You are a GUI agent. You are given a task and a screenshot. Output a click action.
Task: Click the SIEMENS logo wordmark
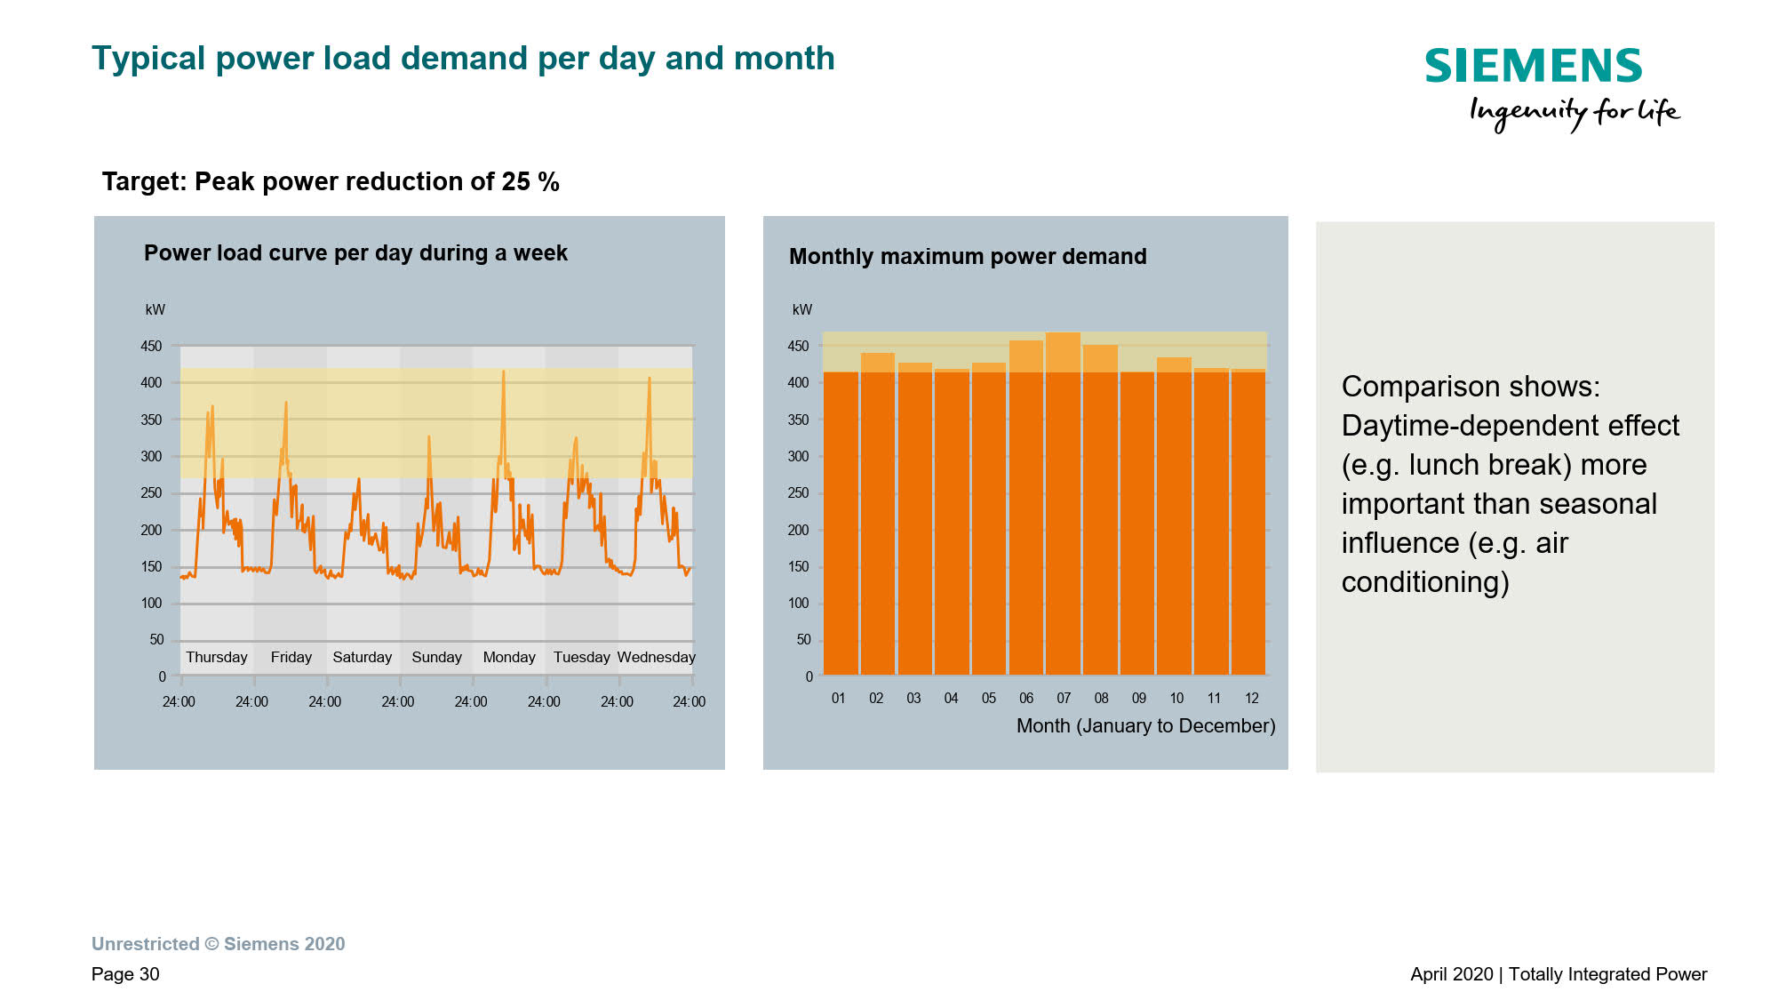point(1533,66)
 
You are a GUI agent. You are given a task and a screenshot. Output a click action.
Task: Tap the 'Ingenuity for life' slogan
point(1574,113)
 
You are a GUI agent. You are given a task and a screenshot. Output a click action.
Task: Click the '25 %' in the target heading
point(530,181)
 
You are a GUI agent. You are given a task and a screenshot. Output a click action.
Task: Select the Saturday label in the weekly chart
point(362,657)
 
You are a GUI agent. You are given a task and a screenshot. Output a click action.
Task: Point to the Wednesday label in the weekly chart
point(656,657)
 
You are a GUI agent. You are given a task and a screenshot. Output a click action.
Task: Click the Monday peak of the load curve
point(504,372)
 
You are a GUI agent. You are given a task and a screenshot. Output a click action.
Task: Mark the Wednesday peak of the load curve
point(650,380)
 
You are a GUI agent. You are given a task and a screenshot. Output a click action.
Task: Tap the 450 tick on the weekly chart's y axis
point(151,346)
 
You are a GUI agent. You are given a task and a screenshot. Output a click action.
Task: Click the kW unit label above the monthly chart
point(801,309)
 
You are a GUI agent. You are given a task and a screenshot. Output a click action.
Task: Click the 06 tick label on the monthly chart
point(1026,698)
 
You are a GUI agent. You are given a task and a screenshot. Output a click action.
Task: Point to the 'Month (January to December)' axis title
point(1145,725)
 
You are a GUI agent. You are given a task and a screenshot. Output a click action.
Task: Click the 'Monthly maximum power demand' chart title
point(968,256)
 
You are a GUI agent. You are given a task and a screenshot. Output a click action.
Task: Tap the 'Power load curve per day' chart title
point(355,252)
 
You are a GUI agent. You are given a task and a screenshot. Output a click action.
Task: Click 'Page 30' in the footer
point(125,974)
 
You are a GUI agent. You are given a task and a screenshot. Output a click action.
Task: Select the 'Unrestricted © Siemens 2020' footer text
point(219,944)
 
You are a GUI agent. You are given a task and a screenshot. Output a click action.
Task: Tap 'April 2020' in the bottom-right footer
point(1451,974)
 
